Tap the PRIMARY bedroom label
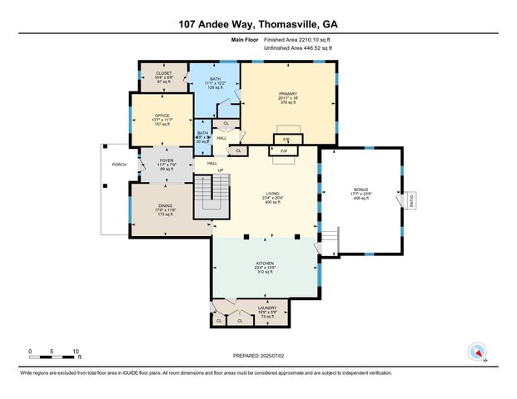[x=288, y=94]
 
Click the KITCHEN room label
[x=264, y=264]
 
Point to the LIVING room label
[x=272, y=194]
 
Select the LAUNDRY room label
[x=266, y=307]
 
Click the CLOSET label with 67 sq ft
[x=164, y=73]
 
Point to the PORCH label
[x=119, y=165]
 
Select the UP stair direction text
[x=221, y=170]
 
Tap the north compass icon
[x=478, y=351]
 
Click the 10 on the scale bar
[x=76, y=351]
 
